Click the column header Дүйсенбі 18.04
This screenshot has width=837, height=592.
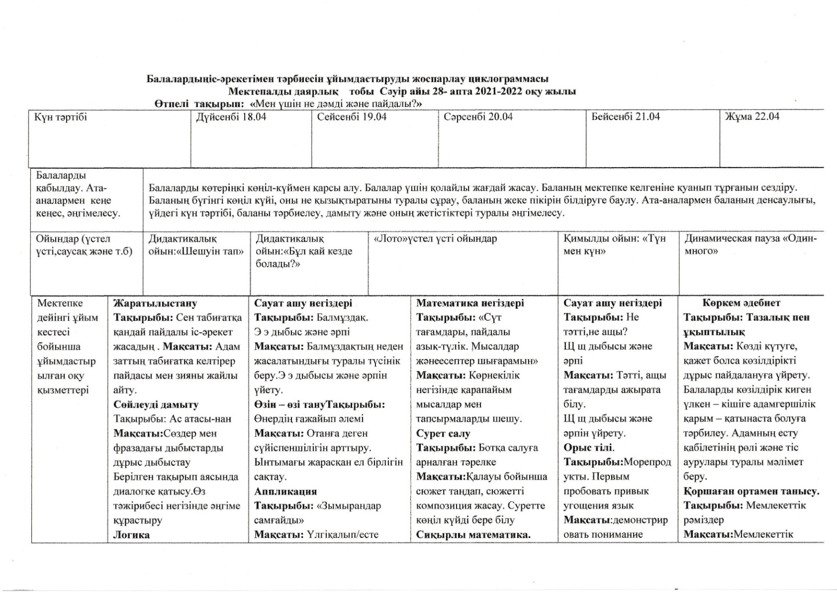[231, 117]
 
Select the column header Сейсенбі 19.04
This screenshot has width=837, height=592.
[352, 117]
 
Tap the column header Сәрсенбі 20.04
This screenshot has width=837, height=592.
[478, 117]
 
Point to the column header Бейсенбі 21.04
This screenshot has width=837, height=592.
[625, 117]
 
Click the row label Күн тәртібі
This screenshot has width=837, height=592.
[60, 117]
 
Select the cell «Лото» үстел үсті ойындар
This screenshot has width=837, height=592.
[435, 239]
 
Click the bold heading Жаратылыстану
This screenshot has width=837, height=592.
[155, 303]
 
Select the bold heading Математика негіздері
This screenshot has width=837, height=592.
[470, 303]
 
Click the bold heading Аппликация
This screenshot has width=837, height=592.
[285, 492]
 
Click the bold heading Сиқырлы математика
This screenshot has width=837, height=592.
[473, 535]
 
